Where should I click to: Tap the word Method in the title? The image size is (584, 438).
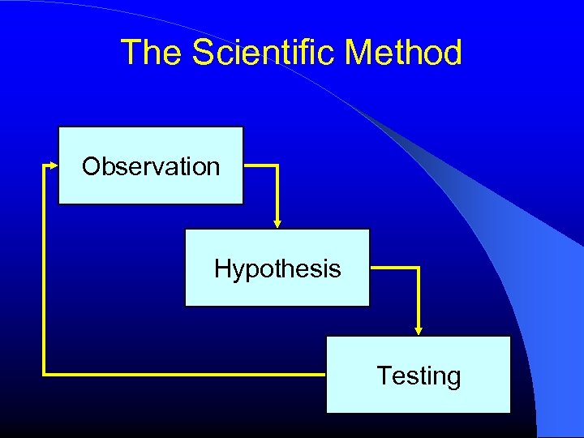pos(403,53)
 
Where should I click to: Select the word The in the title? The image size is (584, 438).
pos(151,53)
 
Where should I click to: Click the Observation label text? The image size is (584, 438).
pos(151,166)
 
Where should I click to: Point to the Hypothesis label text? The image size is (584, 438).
pos(277,268)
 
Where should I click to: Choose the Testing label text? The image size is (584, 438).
pos(419,376)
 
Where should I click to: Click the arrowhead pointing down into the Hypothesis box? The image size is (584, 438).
pos(277,223)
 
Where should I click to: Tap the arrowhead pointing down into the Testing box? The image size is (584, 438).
pos(419,330)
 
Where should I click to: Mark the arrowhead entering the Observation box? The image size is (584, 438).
pos(53,165)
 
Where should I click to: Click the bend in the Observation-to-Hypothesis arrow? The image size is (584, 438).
pos(277,165)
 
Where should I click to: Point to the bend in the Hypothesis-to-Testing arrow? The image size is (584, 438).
pos(419,268)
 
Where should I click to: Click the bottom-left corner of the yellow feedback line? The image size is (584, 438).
pos(44,374)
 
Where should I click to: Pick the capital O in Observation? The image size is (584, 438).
pos(91,166)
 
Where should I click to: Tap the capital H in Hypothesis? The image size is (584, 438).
pos(222,268)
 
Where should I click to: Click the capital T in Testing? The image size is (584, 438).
pos(384,376)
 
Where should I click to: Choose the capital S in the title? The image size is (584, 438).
pos(203,53)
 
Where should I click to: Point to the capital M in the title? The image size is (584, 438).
pos(359,53)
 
